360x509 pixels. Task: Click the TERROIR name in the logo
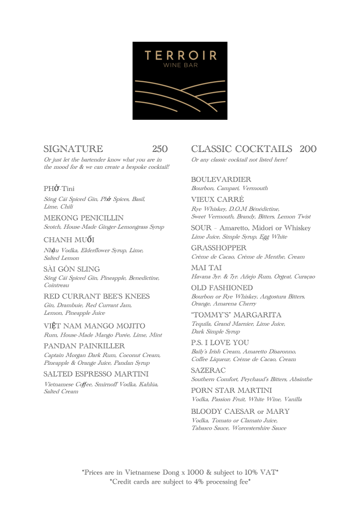[180, 56]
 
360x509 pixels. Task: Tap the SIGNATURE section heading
[73, 149]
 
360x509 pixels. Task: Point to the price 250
[160, 149]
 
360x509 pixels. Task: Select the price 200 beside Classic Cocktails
[308, 149]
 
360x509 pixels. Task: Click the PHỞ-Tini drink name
[59, 189]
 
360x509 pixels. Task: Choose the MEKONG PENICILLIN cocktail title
[84, 218]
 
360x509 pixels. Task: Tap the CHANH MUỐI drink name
[69, 240]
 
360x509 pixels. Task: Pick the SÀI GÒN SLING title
[72, 269]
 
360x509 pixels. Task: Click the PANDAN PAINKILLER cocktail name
[84, 346]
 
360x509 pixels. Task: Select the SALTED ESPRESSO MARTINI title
[96, 374]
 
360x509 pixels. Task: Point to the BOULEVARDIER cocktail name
[221, 180]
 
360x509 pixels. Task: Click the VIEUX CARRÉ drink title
[217, 200]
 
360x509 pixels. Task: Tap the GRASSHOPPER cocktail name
[219, 248]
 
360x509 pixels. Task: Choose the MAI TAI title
[206, 268]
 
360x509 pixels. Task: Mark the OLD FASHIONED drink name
[222, 288]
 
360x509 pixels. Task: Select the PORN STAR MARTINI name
[232, 391]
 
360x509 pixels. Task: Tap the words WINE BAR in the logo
[180, 65]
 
